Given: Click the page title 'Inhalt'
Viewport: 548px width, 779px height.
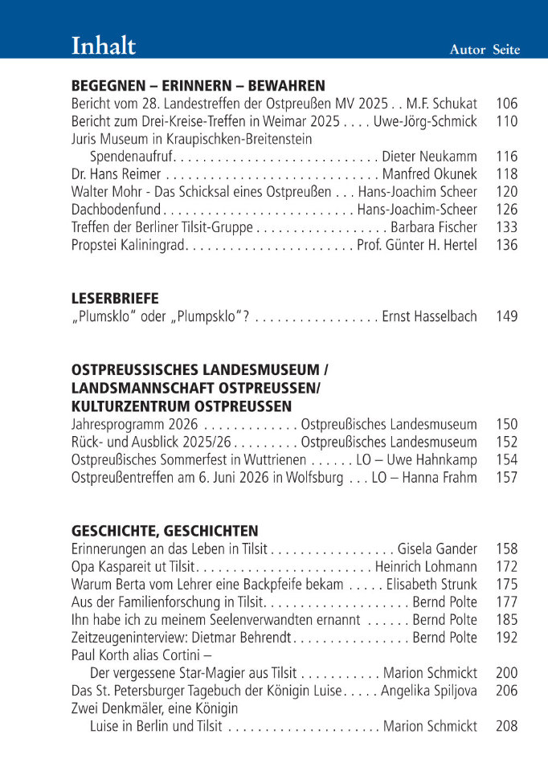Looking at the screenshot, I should [x=104, y=46].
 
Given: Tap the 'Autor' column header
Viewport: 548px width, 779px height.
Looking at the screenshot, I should [x=467, y=50].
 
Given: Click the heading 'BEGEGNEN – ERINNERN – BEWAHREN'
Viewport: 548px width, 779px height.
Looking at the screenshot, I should [x=198, y=86].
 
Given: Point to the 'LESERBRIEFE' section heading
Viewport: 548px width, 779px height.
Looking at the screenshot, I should [x=115, y=298].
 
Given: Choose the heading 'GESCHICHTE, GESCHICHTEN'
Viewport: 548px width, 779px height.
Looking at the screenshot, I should [x=165, y=531].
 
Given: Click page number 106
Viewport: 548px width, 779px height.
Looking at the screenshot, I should [x=507, y=104].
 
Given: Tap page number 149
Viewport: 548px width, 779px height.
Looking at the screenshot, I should [x=507, y=316].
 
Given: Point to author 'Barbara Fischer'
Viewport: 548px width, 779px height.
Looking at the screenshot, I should [x=434, y=227].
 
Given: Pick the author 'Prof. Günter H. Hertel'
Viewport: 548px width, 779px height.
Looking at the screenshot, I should [x=417, y=245].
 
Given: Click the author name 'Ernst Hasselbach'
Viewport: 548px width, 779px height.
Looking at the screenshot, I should [x=429, y=316].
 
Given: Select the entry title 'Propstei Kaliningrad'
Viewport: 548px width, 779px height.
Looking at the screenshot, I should [x=129, y=245].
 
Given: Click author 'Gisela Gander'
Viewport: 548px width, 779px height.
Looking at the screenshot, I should [x=437, y=549].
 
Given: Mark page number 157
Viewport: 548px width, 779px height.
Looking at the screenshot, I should [x=507, y=478].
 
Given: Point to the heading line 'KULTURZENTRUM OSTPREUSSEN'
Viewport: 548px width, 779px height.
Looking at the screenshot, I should [x=182, y=406].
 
